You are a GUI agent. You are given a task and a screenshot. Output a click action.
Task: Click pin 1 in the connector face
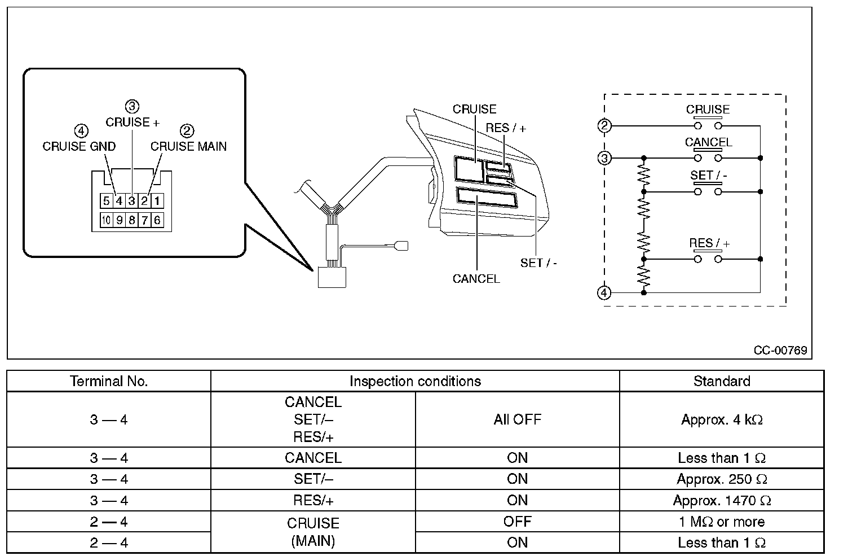click(157, 200)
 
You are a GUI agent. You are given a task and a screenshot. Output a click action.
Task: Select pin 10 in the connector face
click(107, 220)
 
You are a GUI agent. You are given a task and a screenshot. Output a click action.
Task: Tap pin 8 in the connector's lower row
click(132, 220)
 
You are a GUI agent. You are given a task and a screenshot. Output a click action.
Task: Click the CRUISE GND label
click(79, 146)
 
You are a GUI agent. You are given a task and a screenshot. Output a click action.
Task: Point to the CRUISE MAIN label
click(188, 146)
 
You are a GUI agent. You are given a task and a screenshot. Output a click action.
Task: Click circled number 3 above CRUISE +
click(132, 106)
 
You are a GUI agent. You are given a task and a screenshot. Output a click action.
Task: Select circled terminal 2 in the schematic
click(604, 125)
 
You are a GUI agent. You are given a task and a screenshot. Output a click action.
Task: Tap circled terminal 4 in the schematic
click(604, 292)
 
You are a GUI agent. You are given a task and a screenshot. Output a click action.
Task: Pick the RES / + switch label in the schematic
click(709, 243)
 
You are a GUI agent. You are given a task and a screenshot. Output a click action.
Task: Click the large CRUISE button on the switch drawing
click(469, 169)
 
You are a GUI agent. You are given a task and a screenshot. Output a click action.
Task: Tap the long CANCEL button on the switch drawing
click(487, 198)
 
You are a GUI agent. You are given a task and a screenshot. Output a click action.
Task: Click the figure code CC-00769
click(780, 350)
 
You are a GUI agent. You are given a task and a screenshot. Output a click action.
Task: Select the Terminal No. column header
click(109, 381)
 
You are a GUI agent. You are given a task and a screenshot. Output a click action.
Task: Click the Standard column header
click(722, 381)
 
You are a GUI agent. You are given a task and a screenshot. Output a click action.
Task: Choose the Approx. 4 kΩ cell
click(722, 419)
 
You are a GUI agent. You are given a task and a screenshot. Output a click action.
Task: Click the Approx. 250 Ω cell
click(722, 479)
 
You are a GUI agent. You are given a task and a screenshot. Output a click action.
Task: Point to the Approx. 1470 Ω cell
click(722, 501)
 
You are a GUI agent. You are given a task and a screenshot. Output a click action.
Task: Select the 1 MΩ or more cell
click(722, 522)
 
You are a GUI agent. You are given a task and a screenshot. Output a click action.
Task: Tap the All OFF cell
click(517, 419)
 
